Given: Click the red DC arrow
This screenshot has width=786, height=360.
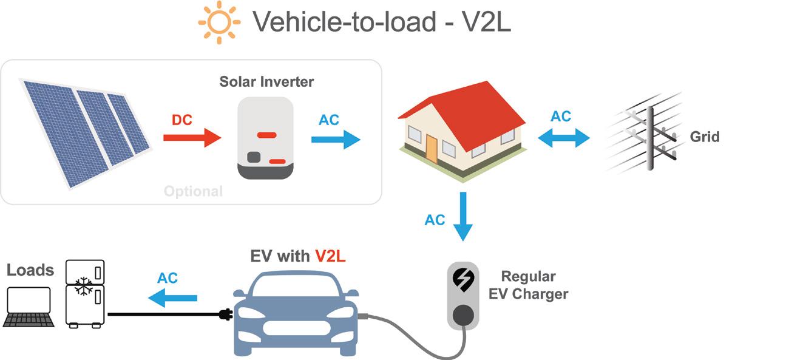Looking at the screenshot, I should click(192, 138).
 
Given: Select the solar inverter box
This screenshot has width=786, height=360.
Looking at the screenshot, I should click(265, 138).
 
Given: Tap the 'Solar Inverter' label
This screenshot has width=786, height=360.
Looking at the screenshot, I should click(266, 81).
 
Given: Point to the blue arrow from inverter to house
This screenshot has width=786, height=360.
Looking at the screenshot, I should click(335, 140).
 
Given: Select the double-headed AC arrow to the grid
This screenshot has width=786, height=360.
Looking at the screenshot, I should click(564, 138).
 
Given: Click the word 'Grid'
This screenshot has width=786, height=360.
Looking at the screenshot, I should click(705, 137).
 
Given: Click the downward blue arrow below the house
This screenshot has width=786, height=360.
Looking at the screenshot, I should click(464, 217).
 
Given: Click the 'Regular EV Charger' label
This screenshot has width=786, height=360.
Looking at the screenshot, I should click(529, 285).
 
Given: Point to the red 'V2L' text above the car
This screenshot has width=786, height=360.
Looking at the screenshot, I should click(330, 256).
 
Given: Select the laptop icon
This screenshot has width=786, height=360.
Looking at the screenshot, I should click(29, 307).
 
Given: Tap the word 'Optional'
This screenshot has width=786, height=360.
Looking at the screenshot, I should click(194, 191).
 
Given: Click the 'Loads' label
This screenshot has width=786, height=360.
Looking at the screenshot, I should click(30, 270).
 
